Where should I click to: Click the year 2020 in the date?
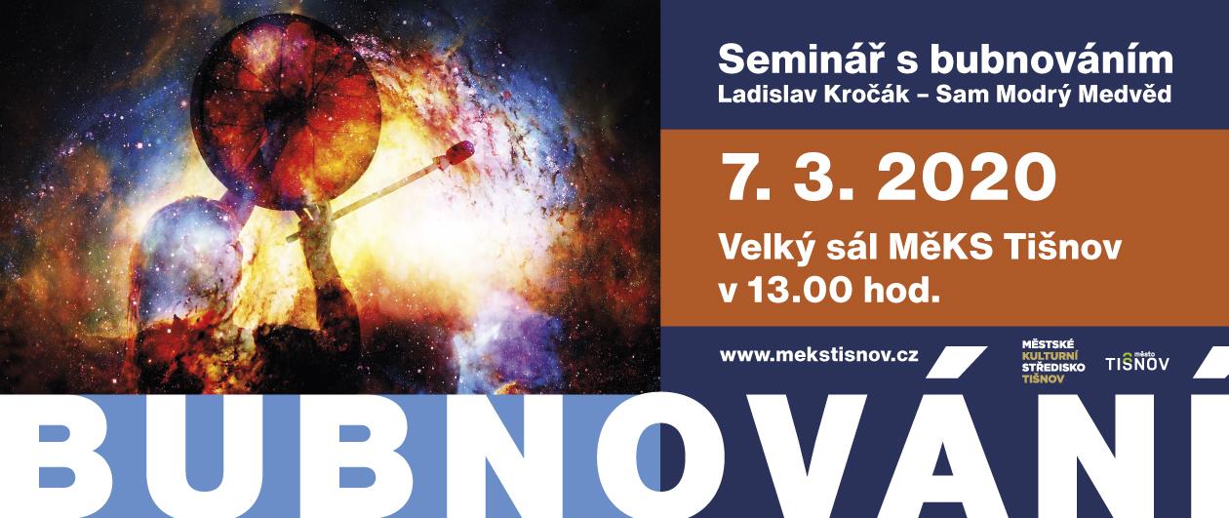(x=966, y=178)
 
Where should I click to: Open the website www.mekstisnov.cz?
(x=818, y=354)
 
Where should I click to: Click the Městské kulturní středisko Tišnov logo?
(x=1052, y=361)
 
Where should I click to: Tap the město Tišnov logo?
(x=1137, y=361)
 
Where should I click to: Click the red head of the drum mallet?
(x=458, y=152)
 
